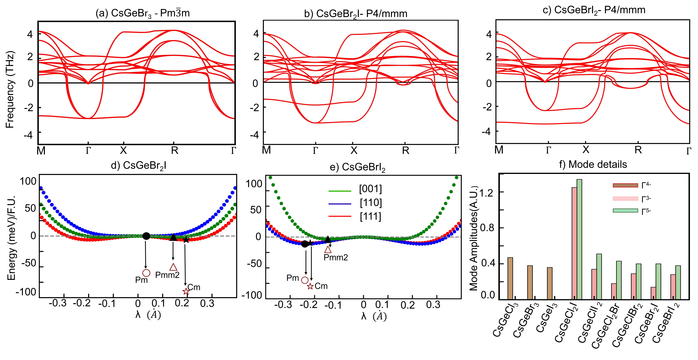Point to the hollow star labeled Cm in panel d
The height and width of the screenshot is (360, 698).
186,291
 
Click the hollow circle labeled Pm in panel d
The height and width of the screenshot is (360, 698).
146,273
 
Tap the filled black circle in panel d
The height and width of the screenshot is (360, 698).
146,236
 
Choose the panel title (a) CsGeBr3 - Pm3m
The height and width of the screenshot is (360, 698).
143,13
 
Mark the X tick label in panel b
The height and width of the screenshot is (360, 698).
354,150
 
